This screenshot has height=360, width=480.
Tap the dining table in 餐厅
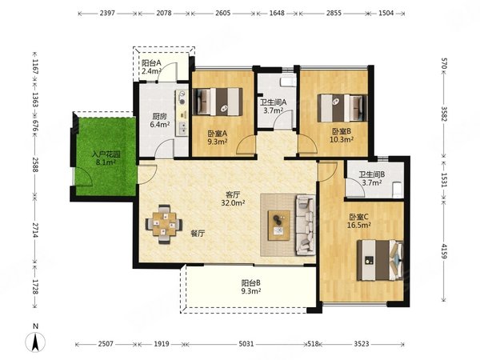(x=164, y=224)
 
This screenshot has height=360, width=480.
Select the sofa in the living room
(x=306, y=226)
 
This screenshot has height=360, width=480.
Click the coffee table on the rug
(x=279, y=225)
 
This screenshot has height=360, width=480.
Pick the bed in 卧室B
(x=342, y=108)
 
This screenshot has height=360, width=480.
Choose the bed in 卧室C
(x=380, y=260)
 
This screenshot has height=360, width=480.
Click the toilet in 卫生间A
(x=288, y=82)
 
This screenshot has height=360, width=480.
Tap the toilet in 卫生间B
(x=397, y=190)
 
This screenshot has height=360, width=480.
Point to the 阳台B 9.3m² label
(x=250, y=287)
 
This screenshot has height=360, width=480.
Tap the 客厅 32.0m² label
(x=233, y=198)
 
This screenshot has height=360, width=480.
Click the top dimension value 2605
(x=222, y=13)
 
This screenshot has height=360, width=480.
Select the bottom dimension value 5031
(x=246, y=344)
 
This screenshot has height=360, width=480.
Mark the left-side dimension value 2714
(x=35, y=230)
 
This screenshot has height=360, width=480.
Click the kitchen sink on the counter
(x=182, y=128)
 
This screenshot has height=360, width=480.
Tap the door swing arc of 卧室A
(x=245, y=146)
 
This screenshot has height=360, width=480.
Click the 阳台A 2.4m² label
(x=151, y=67)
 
